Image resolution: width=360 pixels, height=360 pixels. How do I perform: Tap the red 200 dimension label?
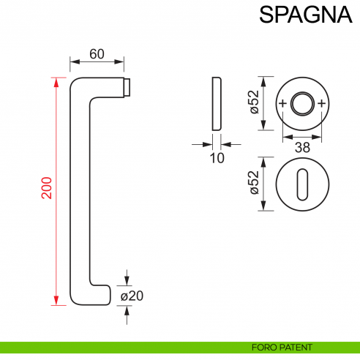click(45, 189)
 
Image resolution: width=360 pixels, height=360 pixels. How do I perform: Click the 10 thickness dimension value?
click(216, 157)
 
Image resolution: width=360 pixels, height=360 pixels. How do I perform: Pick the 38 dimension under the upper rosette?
click(301, 148)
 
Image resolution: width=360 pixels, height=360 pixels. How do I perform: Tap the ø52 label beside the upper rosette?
click(254, 103)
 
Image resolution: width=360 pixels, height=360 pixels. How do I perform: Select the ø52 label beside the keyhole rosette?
click(254, 183)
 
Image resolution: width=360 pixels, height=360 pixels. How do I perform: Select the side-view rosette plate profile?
click(216, 103)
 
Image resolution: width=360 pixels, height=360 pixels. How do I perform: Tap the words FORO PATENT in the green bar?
click(282, 347)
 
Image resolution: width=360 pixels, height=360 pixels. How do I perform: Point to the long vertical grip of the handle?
click(79, 190)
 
